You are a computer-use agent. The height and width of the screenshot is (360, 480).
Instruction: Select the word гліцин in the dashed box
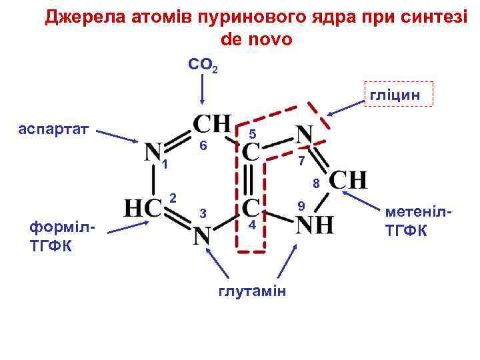coord(395,95)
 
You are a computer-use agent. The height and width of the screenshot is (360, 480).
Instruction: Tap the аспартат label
coord(57,129)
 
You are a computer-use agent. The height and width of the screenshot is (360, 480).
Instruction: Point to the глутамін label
coord(252,290)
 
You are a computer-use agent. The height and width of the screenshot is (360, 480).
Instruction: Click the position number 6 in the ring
coord(204,146)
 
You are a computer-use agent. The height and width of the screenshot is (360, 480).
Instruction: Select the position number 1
coord(164,165)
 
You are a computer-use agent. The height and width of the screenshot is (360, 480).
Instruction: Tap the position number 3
coord(203,213)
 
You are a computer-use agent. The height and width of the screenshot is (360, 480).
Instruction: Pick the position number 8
coord(317,183)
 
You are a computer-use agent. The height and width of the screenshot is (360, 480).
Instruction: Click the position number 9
coord(301,206)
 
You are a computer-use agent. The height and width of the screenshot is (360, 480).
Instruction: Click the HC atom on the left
coord(144,208)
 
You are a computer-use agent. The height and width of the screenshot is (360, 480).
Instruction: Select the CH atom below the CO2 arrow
coord(212,124)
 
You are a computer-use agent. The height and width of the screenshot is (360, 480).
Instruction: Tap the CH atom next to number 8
coord(348,180)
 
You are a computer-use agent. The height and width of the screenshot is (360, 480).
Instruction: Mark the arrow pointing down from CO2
coord(203,90)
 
